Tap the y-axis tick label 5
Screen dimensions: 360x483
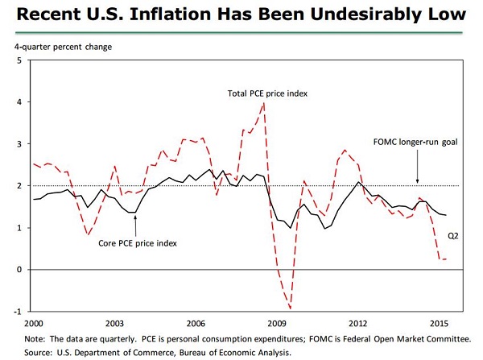click(18, 60)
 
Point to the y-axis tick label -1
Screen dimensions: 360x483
click(16, 312)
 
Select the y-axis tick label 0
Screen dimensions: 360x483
click(18, 270)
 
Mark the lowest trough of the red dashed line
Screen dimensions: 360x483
click(289, 308)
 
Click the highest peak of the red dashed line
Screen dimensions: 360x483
click(264, 103)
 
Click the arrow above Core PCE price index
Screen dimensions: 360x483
click(134, 221)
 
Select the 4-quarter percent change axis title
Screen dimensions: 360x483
click(63, 46)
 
